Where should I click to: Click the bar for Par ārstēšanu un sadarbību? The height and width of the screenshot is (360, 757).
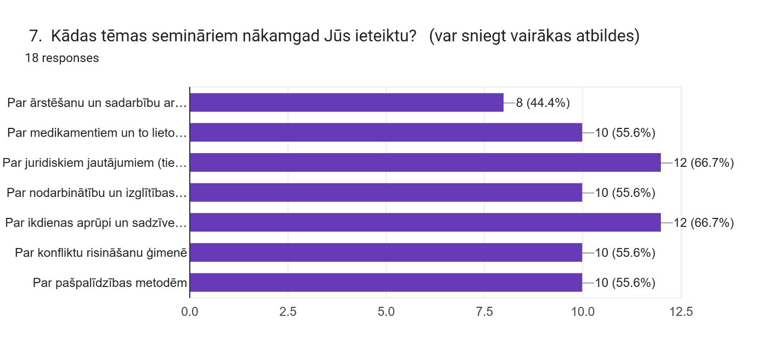point(347,103)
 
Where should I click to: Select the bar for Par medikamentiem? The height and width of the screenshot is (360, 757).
point(386,132)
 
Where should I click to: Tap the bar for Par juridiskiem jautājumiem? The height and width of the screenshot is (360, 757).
point(425,162)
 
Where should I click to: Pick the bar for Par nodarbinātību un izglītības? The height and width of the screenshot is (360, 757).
point(386,193)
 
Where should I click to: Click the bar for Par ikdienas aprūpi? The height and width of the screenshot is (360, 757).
point(425,222)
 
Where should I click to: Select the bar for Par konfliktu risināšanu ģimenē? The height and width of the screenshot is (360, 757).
point(386,252)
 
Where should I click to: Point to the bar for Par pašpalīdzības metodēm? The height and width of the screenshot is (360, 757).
point(386,283)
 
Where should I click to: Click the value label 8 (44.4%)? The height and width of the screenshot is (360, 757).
point(543,103)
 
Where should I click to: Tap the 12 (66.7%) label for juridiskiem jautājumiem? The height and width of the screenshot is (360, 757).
point(704,162)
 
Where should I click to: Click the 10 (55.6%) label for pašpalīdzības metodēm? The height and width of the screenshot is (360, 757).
point(625,283)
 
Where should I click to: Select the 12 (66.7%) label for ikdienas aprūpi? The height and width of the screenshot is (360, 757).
point(704,222)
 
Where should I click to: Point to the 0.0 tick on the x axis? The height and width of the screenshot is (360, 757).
point(190,312)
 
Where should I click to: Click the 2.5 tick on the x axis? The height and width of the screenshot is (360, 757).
point(288,312)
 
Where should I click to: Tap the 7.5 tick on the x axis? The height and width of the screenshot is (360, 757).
point(484,312)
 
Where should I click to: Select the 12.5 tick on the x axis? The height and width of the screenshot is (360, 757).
point(681,312)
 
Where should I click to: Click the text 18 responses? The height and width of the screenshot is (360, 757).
point(62,58)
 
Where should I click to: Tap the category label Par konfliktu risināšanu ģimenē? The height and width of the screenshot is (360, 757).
point(101,252)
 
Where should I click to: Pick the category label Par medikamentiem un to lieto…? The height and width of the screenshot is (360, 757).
point(98,132)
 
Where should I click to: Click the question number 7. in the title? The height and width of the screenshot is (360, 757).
point(36,37)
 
